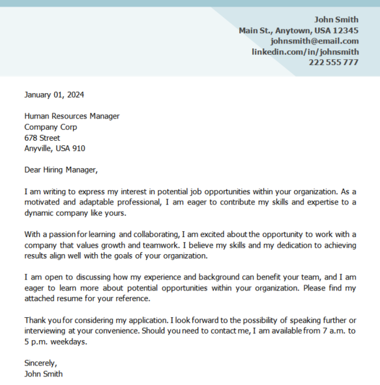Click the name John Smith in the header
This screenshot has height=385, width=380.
click(336, 20)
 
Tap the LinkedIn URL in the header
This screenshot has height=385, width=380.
click(305, 51)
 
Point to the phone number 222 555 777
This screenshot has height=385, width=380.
click(333, 63)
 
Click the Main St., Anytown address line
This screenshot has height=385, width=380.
click(298, 31)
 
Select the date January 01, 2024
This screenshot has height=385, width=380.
click(54, 94)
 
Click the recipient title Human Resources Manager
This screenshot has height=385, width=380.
click(72, 116)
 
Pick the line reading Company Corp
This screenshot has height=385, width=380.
click(50, 127)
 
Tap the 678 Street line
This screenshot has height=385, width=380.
click(42, 137)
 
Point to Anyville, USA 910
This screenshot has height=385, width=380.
click(55, 149)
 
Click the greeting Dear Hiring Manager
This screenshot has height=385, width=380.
click(61, 170)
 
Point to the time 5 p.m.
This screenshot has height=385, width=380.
click(38, 342)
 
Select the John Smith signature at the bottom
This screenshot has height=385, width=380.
click(44, 374)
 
